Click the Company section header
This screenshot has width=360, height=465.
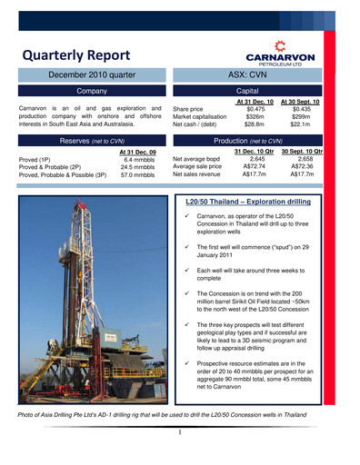click(92, 92)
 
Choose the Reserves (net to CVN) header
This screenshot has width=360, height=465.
click(92, 142)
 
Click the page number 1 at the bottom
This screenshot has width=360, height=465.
click(180, 432)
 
